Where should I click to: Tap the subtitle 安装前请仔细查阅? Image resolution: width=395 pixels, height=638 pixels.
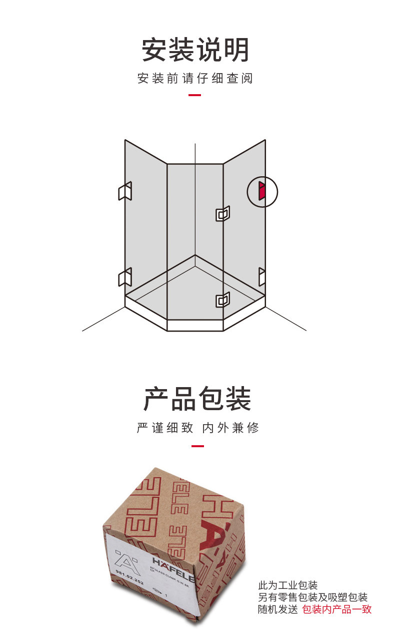coord(195,79)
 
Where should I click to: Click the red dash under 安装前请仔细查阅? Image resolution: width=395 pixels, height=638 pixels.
coord(194,95)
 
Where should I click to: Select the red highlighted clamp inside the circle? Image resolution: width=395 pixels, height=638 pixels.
coord(261,191)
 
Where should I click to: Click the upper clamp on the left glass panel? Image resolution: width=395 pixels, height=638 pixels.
coord(124,191)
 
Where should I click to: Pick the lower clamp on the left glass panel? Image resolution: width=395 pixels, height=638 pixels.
coord(124,277)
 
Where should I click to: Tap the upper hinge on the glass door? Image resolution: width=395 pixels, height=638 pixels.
coord(222,214)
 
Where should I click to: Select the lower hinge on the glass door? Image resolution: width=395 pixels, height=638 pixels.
coord(222,299)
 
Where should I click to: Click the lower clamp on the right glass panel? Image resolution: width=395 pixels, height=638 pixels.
coord(261,276)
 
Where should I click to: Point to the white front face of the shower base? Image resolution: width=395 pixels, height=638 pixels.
coord(194,326)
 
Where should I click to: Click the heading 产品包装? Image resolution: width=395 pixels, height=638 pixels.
coord(197,399)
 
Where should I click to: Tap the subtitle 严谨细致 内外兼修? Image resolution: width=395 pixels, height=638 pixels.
coord(197,428)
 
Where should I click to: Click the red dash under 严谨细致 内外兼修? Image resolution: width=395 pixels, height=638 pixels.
coord(197,446)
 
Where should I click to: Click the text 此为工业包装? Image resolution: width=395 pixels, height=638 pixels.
coord(287,585)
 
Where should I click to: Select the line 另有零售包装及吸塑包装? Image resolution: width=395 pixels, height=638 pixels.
coord(312,597)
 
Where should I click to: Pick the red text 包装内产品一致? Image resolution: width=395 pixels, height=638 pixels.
coord(336,609)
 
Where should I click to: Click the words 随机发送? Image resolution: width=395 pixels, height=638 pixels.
coord(277,609)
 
